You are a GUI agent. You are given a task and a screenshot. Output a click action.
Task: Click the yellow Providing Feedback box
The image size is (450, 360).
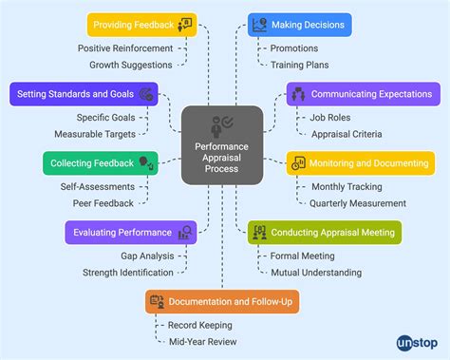point(141,24)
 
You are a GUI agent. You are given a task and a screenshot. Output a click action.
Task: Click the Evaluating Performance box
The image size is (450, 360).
point(130,232)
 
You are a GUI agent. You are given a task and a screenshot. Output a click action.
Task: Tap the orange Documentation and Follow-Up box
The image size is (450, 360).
point(222,301)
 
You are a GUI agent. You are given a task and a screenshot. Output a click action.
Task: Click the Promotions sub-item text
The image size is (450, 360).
point(295,47)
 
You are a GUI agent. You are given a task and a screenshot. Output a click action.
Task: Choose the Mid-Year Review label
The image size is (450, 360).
point(202,342)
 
